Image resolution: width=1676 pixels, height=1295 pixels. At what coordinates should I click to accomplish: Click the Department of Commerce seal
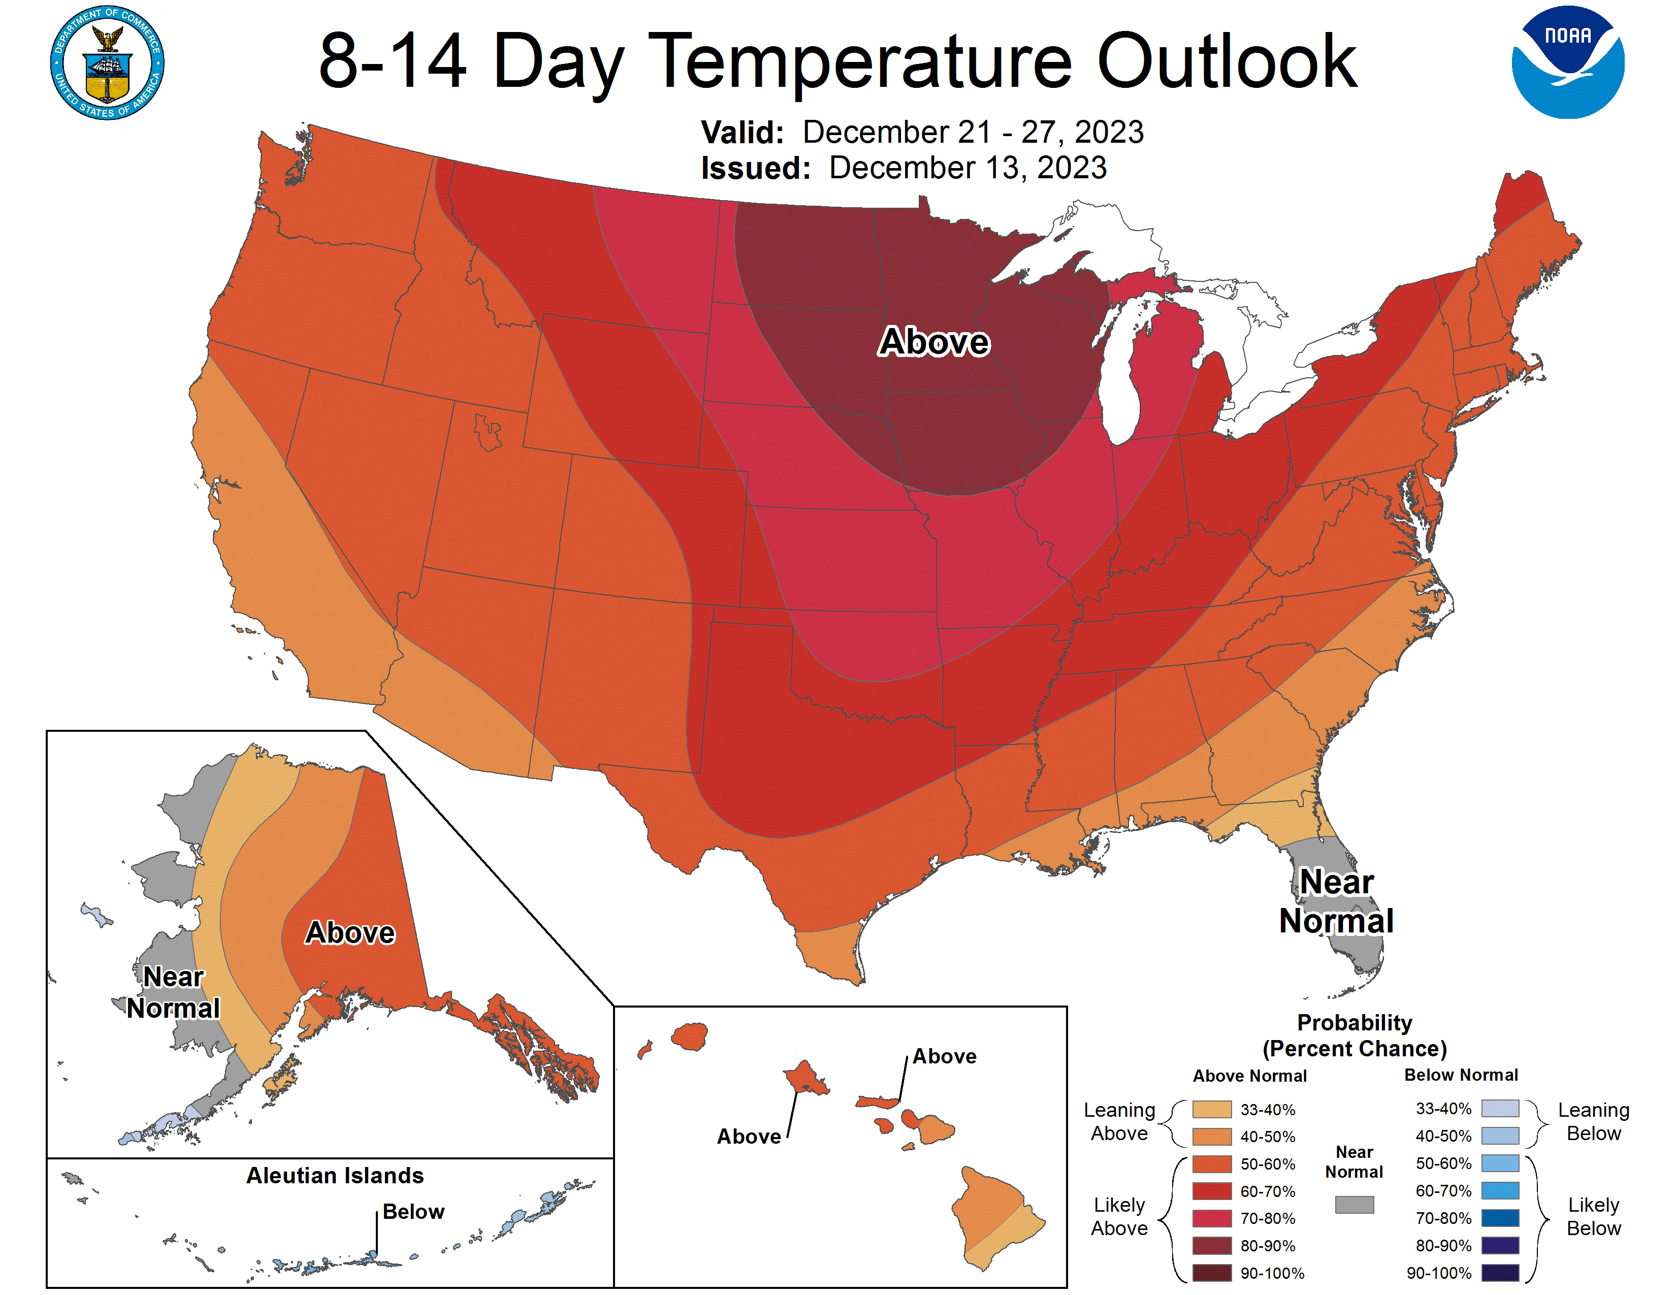[x=108, y=63]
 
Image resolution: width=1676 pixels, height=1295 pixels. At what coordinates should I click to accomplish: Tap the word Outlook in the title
[x=1227, y=61]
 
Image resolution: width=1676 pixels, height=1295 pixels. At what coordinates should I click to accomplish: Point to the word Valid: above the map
[x=742, y=133]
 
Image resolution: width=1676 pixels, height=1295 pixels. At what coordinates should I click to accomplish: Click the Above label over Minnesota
[x=934, y=341]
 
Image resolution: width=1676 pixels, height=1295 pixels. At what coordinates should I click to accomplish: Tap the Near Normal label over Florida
[x=1336, y=901]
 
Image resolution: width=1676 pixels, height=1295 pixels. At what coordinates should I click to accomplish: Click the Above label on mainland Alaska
[x=350, y=932]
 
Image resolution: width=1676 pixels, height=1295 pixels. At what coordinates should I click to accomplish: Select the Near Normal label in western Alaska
[x=173, y=992]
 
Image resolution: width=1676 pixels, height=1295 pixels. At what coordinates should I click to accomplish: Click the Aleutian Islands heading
[x=335, y=1175]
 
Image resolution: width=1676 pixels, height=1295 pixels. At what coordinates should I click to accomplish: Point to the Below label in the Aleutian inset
[x=413, y=1211]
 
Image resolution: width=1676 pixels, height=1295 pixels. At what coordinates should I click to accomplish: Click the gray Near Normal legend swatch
[x=1353, y=1205]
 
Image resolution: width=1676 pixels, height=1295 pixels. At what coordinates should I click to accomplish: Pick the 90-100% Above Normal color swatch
[x=1212, y=1273]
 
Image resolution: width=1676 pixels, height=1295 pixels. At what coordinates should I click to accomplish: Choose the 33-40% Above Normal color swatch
[x=1212, y=1109]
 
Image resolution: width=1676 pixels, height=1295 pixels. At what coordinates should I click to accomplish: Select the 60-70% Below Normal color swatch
[x=1499, y=1191]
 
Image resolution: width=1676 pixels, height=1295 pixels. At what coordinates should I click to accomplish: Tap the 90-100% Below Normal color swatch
[x=1499, y=1273]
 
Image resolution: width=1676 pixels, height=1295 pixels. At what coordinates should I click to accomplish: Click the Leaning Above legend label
[x=1119, y=1122]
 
